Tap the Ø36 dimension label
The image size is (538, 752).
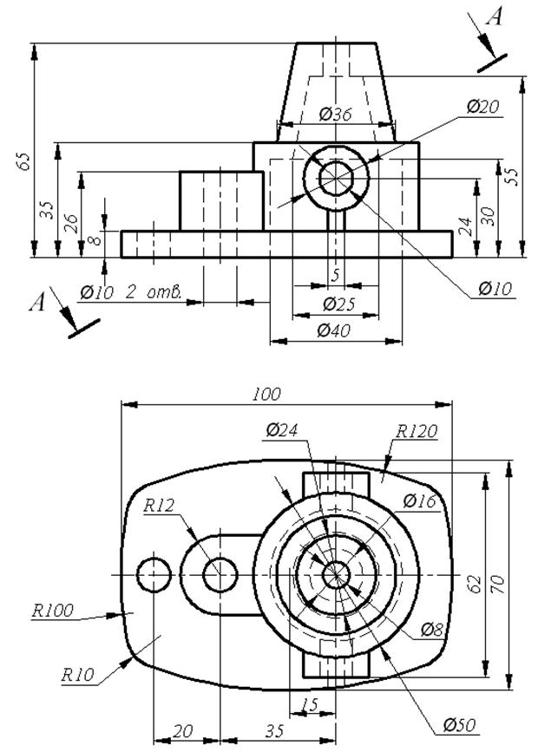coord(336,114)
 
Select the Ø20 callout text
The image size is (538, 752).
coord(482,107)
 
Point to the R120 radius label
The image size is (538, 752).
coord(417,431)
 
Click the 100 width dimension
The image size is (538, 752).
coord(266,395)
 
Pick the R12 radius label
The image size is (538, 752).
coord(159,506)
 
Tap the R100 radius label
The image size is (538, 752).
coord(53,610)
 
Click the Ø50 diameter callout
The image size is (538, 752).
coord(459,724)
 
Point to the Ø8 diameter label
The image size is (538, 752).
coord(431,629)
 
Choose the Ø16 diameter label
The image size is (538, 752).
coord(419,501)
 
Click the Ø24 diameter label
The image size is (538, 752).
coord(282,430)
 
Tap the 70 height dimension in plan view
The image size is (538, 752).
coord(498,584)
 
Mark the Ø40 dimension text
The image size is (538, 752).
coord(333,330)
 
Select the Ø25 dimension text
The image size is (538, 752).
coord(338,304)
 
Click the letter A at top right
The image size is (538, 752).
coord(495,17)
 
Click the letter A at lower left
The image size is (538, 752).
coord(37,303)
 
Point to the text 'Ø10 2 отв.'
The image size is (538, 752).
coord(130,291)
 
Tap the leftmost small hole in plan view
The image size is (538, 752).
coord(154,574)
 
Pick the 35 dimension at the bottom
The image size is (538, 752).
coord(274,731)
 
